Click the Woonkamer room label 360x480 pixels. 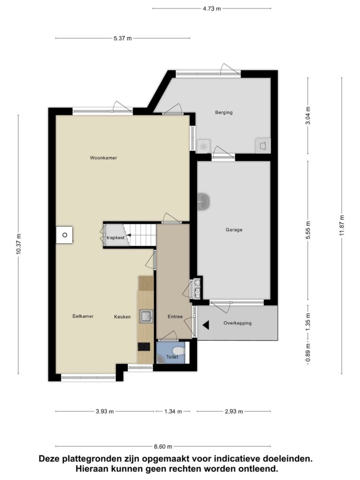click(x=104, y=158)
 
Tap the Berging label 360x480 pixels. click(x=224, y=112)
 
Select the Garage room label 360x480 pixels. click(x=234, y=230)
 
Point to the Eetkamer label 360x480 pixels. click(x=83, y=316)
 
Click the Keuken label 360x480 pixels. click(x=122, y=317)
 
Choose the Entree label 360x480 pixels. click(x=175, y=317)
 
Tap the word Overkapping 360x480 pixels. click(x=238, y=323)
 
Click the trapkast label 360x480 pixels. click(x=115, y=238)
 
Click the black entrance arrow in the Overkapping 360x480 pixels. click(x=206, y=325)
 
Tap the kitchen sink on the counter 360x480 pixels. click(x=146, y=316)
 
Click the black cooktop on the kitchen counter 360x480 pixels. click(x=144, y=346)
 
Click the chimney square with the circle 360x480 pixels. click(x=65, y=235)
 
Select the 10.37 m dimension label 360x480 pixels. click(x=18, y=244)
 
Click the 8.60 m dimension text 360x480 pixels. click(x=163, y=447)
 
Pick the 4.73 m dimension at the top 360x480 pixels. click(x=211, y=8)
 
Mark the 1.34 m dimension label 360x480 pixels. click(x=173, y=412)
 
